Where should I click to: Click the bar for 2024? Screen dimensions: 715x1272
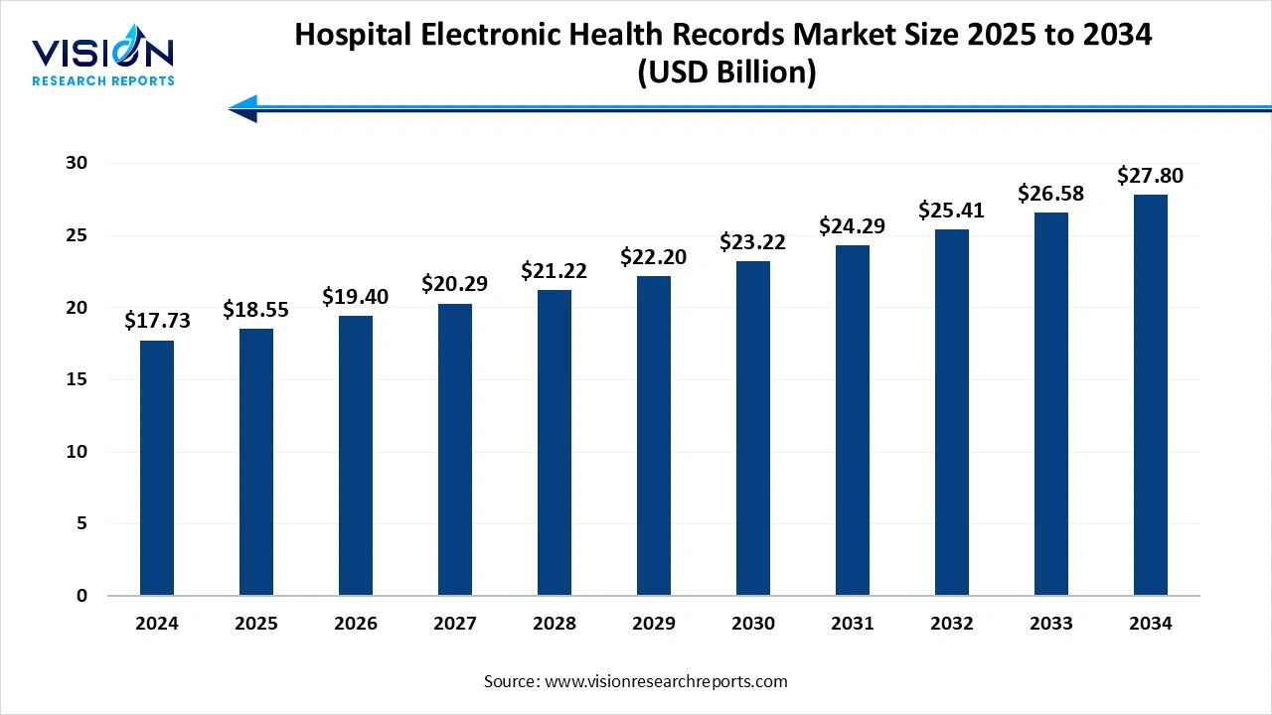[157, 468]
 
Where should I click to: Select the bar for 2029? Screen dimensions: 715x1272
[654, 436]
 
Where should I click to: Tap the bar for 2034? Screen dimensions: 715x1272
[1151, 395]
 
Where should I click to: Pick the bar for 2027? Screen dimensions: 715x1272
[455, 450]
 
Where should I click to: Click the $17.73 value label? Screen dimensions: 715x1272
[157, 320]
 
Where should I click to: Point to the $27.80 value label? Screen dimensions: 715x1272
[1151, 176]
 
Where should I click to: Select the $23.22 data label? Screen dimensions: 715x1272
[753, 241]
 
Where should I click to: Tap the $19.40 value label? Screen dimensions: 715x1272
[356, 296]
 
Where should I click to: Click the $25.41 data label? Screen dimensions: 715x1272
[952, 210]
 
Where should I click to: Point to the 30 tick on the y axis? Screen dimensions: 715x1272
[77, 163]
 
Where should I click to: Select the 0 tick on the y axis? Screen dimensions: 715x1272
[82, 596]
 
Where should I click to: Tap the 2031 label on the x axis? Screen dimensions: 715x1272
[853, 624]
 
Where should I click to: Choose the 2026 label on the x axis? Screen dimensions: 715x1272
[356, 624]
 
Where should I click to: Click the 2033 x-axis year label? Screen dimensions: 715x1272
[1051, 624]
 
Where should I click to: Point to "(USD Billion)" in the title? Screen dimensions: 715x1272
[723, 72]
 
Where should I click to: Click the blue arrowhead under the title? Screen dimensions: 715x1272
[244, 108]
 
